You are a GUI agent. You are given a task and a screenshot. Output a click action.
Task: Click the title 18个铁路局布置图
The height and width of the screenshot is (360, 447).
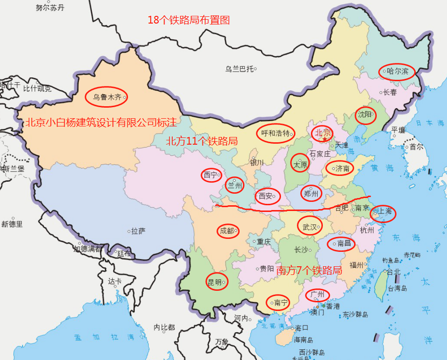189,20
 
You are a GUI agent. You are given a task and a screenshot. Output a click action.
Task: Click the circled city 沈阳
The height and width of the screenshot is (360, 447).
366,115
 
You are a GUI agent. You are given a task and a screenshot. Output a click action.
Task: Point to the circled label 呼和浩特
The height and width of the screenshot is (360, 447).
275,133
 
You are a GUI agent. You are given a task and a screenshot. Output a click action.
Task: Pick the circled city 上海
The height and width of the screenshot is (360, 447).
383,212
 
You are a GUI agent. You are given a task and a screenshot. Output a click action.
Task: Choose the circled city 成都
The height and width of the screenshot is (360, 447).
227,231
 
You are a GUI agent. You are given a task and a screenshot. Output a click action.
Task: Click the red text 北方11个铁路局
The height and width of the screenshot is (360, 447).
202,141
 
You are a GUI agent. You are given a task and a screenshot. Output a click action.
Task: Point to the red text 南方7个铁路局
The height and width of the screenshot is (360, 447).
309,270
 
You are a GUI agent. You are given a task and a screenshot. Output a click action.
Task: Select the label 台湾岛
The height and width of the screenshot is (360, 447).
397,288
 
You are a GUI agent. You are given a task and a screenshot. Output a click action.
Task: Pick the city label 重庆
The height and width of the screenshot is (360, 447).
264,242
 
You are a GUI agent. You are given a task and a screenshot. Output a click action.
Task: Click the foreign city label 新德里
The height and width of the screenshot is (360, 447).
12,224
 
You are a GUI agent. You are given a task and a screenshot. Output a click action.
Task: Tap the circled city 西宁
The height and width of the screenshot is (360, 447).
211,175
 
